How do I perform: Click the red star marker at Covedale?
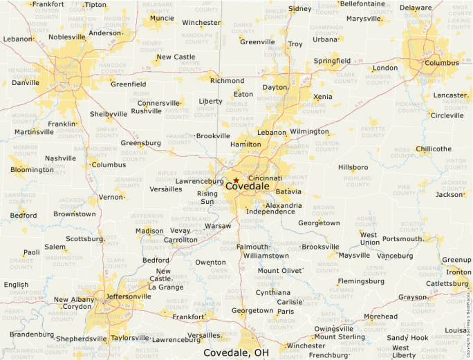click(236, 180)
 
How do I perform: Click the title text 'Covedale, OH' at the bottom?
click(236, 352)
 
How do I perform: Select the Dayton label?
click(275, 88)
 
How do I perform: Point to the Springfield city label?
click(332, 61)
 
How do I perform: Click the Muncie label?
click(162, 18)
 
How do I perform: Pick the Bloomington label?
click(32, 169)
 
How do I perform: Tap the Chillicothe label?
click(434, 149)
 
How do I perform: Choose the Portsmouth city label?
click(403, 238)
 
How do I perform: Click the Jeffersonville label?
click(129, 296)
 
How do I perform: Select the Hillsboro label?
click(353, 167)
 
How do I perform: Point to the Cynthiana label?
click(273, 292)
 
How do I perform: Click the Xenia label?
click(322, 97)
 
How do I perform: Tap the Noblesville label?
click(67, 37)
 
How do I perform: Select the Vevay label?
click(180, 231)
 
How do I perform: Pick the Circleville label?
click(447, 115)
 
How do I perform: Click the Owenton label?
click(210, 262)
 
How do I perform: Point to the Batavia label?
click(288, 191)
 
